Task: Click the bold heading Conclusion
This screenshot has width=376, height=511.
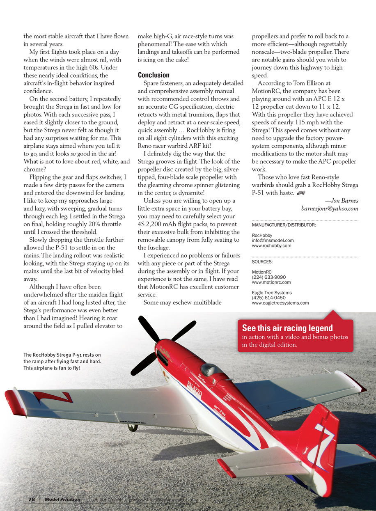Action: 154,75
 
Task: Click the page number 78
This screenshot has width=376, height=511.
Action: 32,499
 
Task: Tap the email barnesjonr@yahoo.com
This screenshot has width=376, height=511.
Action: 330,208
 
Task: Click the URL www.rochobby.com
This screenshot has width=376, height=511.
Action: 271,245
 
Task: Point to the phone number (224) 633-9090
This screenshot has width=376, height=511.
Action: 269,277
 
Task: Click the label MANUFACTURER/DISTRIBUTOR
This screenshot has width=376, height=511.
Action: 284,225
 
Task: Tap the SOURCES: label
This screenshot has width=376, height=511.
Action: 262,261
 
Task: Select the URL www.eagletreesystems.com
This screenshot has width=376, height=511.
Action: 280,303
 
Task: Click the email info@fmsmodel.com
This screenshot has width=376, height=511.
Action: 273,241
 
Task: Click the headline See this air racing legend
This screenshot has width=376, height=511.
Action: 287,328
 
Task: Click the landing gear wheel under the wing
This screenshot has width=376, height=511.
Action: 132,428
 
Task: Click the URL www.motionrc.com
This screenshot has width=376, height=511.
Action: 271,282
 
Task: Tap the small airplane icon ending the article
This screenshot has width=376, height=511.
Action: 300,192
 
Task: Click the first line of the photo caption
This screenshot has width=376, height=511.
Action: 62,355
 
